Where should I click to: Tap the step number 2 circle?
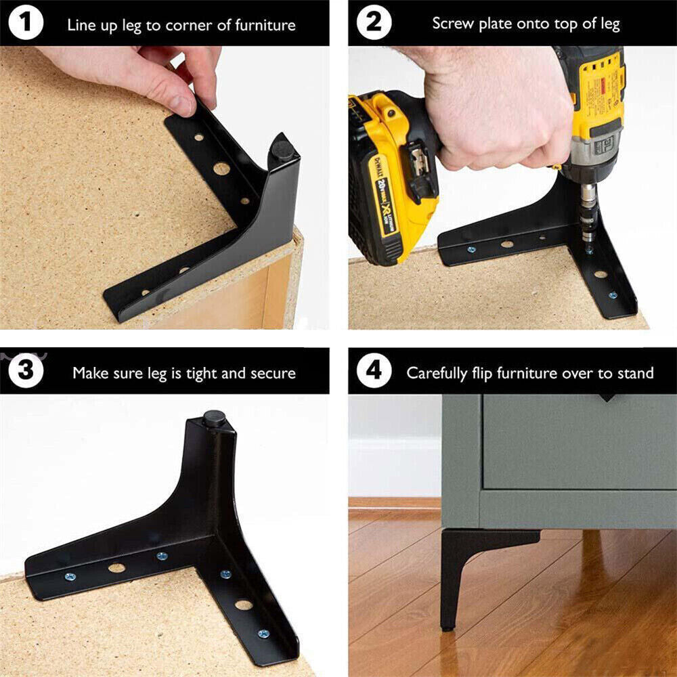(x=374, y=23)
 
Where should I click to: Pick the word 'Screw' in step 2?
(x=453, y=24)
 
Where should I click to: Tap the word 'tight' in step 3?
(x=203, y=373)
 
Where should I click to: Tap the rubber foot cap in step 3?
(x=215, y=418)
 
